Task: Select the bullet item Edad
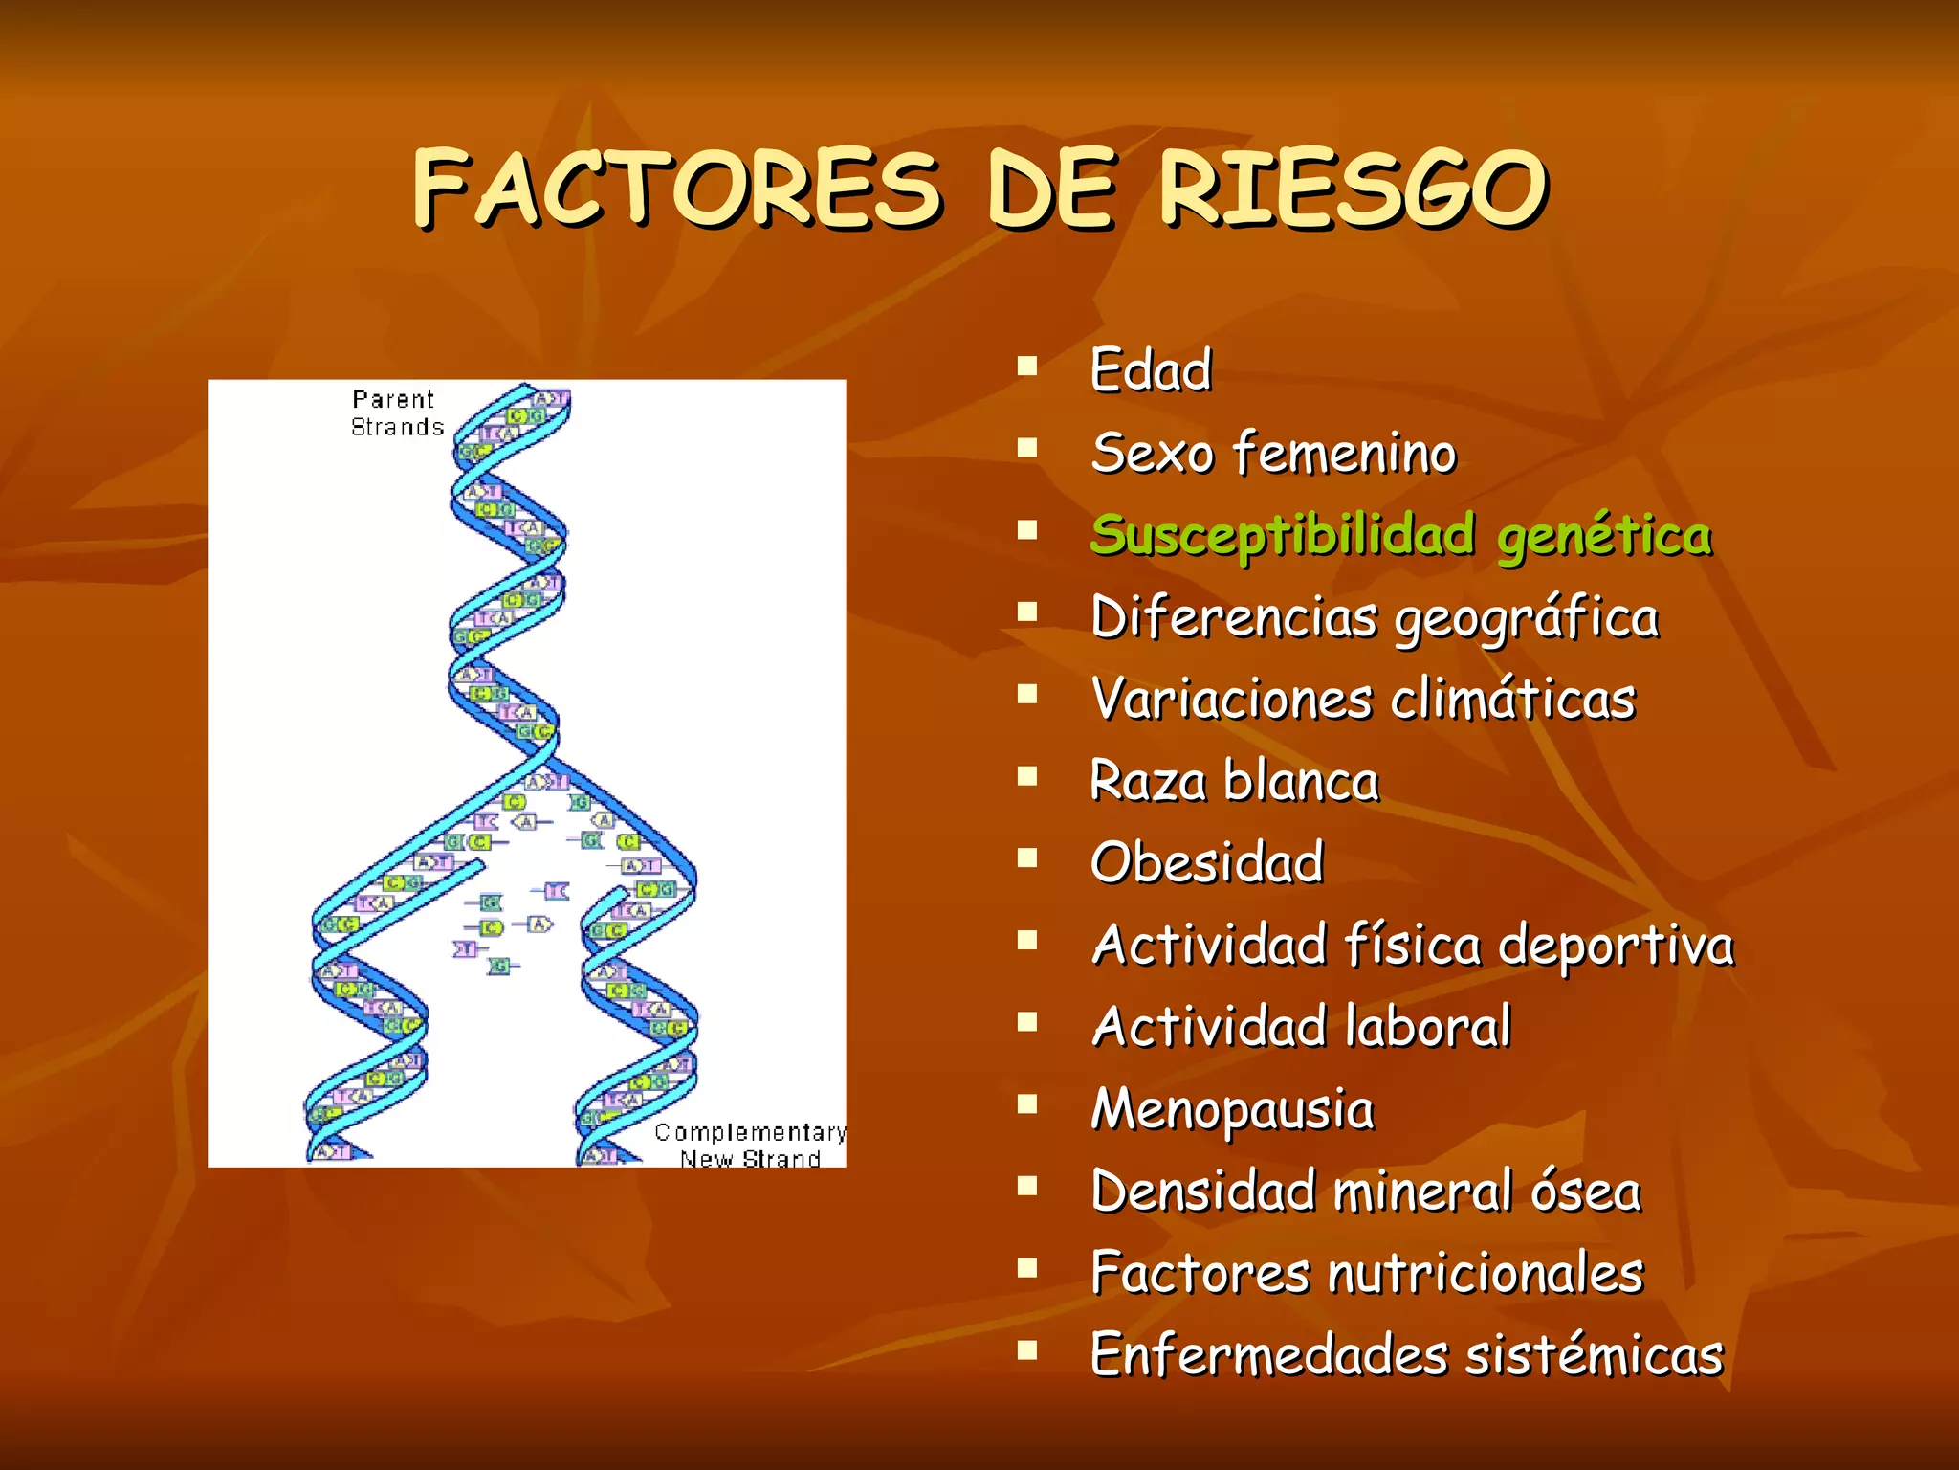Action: (1151, 370)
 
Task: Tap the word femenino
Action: (1345, 453)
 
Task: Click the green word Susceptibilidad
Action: (1282, 535)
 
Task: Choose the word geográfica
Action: (1527, 618)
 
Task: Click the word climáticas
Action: (1513, 699)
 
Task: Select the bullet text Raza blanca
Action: (1234, 781)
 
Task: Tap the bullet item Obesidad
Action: (1207, 862)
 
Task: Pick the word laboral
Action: (1427, 1027)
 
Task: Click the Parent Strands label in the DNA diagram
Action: (397, 413)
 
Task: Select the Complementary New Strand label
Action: (750, 1146)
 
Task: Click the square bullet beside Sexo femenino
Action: (1027, 448)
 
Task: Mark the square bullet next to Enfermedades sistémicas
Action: (1027, 1349)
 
